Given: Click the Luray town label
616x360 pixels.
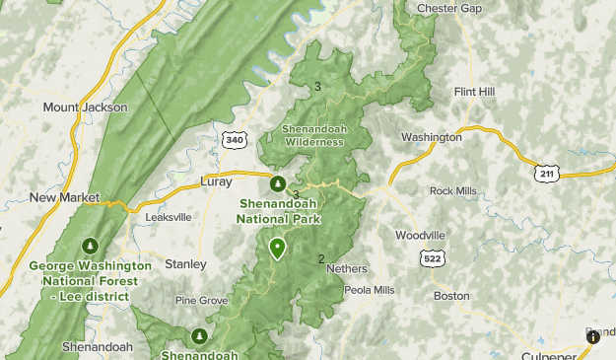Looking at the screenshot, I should pyautogui.click(x=215, y=181).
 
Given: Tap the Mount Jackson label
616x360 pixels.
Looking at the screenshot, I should pyautogui.click(x=85, y=107).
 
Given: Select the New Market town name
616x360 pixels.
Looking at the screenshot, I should pyautogui.click(x=65, y=197).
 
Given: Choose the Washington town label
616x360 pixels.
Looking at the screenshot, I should pyautogui.click(x=432, y=137).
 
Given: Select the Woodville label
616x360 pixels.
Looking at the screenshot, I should pyautogui.click(x=420, y=235).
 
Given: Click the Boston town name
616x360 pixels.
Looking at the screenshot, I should pyautogui.click(x=451, y=295).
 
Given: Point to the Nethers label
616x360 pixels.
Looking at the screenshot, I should pyautogui.click(x=346, y=268).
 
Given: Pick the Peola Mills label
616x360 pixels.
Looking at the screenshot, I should pyautogui.click(x=369, y=290).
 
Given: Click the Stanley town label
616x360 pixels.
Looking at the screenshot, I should pyautogui.click(x=185, y=264).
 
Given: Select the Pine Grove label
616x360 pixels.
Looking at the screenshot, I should pyautogui.click(x=201, y=300).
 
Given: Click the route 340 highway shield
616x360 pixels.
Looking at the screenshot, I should pyautogui.click(x=235, y=140).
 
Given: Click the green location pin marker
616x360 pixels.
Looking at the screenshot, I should pyautogui.click(x=278, y=248).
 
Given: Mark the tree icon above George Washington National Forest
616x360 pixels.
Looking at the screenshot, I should pyautogui.click(x=91, y=246).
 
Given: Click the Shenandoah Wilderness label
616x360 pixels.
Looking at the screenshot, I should pyautogui.click(x=313, y=135).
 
